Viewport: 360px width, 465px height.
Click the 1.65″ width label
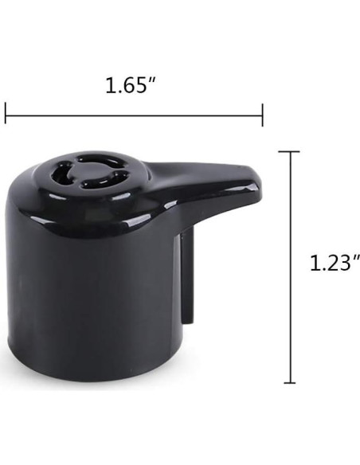(131, 85)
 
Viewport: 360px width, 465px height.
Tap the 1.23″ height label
(335, 263)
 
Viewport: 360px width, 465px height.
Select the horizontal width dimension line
(134, 115)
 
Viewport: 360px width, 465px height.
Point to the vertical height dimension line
(290, 268)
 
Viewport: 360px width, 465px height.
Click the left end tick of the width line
(6, 113)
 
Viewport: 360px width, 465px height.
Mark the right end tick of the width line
(263, 115)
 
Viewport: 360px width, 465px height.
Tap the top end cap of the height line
(289, 151)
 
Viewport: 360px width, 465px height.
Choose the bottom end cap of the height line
(290, 383)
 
